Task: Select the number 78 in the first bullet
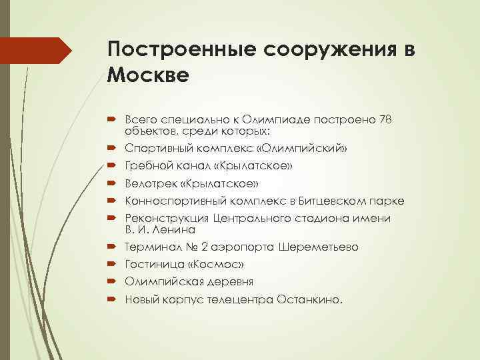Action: [385, 120]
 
